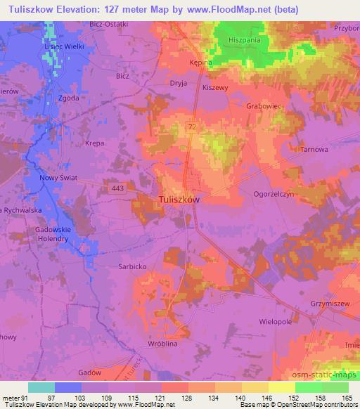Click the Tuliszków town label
point(179,199)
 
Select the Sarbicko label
point(131,267)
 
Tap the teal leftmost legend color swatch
point(41,387)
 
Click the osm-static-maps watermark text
point(323,373)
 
